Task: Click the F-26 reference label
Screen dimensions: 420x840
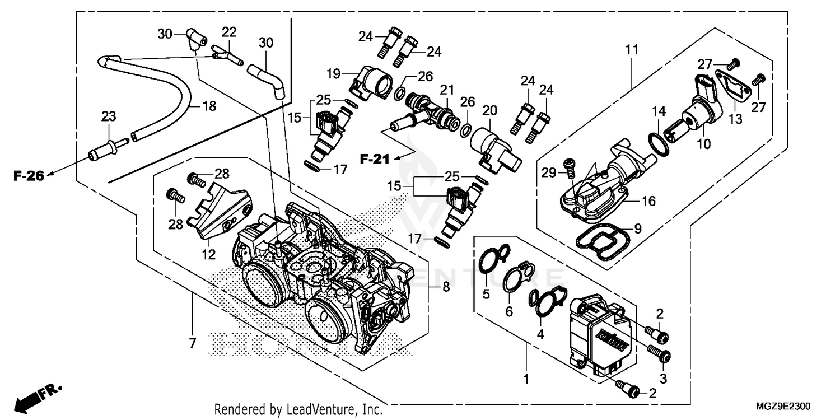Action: (x=29, y=176)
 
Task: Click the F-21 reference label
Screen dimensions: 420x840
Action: (x=374, y=160)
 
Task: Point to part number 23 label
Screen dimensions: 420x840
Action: (x=108, y=116)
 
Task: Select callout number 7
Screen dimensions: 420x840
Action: (x=192, y=344)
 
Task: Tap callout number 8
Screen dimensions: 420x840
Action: (x=446, y=288)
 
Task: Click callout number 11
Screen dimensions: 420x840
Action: (x=632, y=50)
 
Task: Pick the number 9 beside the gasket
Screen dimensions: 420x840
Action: (x=637, y=228)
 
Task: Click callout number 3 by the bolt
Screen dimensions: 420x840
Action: (x=662, y=379)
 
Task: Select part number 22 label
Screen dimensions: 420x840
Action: (x=230, y=32)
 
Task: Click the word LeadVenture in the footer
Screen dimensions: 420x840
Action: (x=320, y=410)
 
